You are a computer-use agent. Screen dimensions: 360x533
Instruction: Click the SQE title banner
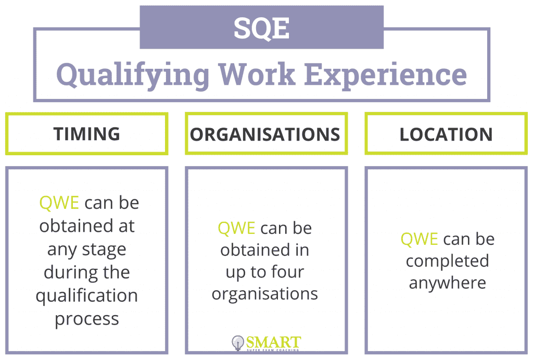click(x=261, y=28)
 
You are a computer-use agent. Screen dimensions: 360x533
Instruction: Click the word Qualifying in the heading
click(x=133, y=73)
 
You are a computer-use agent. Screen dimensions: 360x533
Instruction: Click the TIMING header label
click(x=86, y=134)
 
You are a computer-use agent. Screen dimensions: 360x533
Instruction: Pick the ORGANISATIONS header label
click(x=265, y=134)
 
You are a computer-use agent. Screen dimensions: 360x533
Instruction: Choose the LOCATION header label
click(x=446, y=134)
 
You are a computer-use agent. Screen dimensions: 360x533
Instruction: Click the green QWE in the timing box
click(x=59, y=203)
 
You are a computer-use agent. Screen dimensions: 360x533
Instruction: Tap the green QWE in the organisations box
click(x=236, y=228)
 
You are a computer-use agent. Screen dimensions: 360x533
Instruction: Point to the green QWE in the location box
click(x=419, y=239)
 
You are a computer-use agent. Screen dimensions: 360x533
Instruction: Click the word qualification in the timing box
click(x=86, y=296)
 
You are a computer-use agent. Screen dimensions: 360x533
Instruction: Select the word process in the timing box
click(x=86, y=318)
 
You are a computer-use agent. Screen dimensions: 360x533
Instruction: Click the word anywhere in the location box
click(x=447, y=282)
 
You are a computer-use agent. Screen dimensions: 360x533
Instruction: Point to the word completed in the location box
click(x=447, y=260)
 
